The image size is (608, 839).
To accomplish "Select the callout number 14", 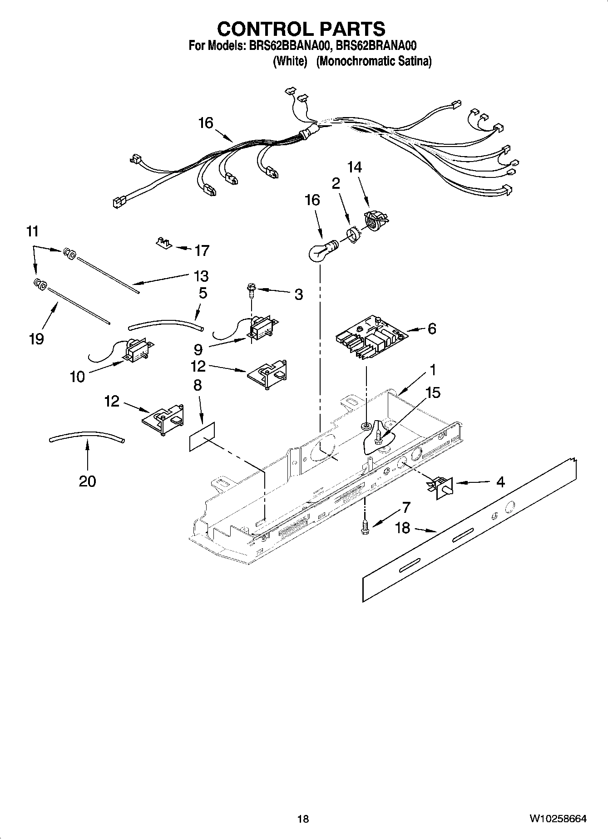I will click(x=355, y=167).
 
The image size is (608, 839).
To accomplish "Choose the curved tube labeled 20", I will click(x=86, y=436).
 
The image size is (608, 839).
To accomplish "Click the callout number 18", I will click(x=402, y=528).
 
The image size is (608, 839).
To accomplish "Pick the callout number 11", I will click(x=32, y=231).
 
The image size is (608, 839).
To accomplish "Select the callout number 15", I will click(x=433, y=393).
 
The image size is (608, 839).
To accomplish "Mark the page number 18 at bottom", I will click(x=303, y=819).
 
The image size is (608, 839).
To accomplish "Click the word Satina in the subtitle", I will click(x=414, y=61).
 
